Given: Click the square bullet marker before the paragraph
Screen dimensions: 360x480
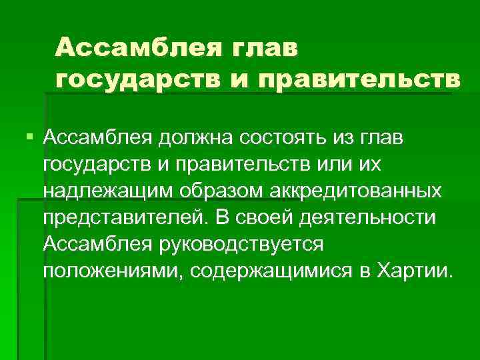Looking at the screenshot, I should [x=27, y=137].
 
